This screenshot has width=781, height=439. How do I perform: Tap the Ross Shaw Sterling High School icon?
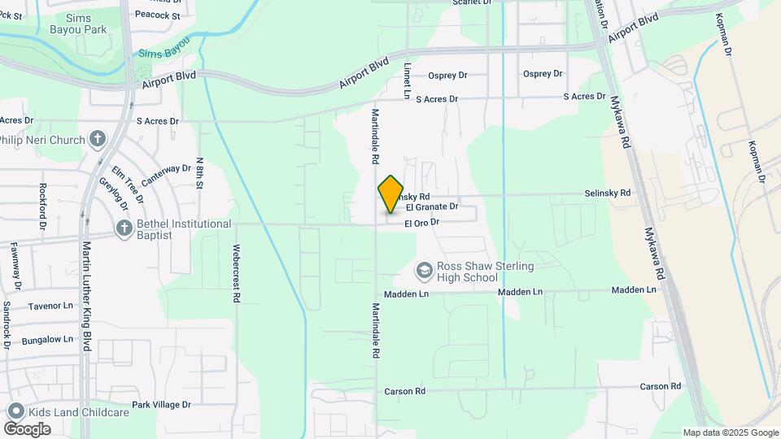[424, 270]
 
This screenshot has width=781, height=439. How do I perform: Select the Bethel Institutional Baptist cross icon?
[124, 229]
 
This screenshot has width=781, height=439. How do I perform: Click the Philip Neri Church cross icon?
[98, 140]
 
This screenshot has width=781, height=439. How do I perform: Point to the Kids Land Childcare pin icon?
[13, 412]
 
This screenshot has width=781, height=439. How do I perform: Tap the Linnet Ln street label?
[407, 80]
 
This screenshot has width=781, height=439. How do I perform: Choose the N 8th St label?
[199, 174]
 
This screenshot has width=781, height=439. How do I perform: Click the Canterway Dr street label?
[165, 173]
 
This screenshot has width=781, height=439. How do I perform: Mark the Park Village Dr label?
[161, 404]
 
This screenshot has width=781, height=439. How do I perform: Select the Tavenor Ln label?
[50, 306]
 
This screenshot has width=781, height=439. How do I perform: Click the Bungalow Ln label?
[47, 340]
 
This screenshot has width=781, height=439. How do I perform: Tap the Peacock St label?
[157, 15]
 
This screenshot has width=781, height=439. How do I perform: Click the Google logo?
[27, 428]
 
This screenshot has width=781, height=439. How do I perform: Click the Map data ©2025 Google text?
[730, 432]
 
